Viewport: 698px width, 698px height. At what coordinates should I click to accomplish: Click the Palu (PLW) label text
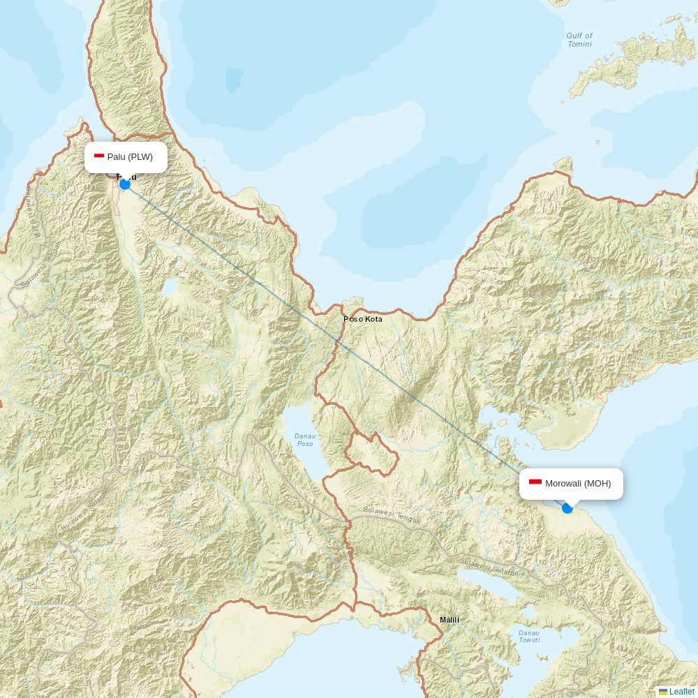(130, 157)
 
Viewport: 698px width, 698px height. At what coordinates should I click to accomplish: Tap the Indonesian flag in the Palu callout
(99, 156)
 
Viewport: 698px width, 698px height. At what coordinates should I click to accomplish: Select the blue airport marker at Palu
(125, 184)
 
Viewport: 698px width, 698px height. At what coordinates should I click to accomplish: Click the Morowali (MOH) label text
(578, 484)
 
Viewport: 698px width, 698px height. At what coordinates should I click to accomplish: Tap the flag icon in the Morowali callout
(535, 482)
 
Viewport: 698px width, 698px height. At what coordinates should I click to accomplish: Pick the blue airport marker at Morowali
(567, 508)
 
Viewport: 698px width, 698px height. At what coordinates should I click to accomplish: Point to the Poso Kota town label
(363, 319)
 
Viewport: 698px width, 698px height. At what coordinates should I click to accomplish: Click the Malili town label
(450, 620)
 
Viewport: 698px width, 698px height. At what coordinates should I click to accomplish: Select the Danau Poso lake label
(305, 440)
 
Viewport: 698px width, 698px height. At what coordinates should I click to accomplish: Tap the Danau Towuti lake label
(528, 637)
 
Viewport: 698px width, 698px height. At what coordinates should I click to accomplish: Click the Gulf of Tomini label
(579, 40)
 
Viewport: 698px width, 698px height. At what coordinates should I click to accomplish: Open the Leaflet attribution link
(681, 692)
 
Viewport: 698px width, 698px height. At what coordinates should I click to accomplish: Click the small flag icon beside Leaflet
(663, 692)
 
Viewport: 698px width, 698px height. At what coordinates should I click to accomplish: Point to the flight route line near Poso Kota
(328, 332)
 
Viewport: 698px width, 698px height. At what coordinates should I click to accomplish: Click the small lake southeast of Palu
(169, 288)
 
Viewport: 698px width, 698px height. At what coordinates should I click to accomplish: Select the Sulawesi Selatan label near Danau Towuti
(491, 567)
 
